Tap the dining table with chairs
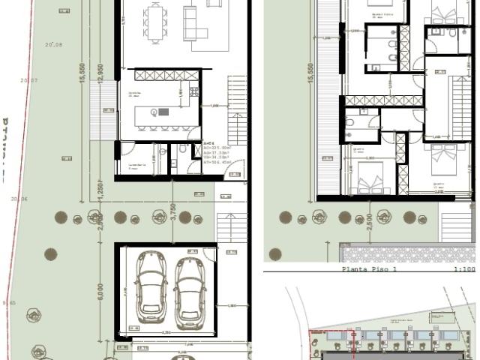(x=156, y=22)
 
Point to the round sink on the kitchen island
(x=154, y=112)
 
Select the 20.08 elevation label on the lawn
(x=52, y=45)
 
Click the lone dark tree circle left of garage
(x=51, y=254)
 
